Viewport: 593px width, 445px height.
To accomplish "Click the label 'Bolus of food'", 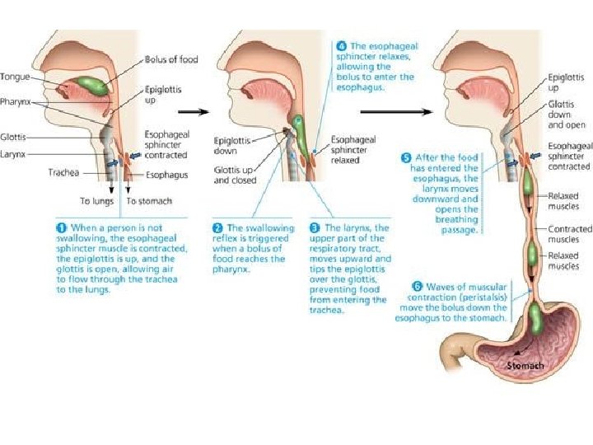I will click(x=171, y=59).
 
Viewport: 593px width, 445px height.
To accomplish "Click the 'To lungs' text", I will click(x=96, y=201).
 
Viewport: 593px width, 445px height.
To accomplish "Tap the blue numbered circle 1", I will click(x=60, y=227).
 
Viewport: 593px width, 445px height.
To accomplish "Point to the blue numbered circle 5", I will click(x=405, y=156).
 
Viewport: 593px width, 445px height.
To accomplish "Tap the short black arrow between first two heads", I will click(x=192, y=110).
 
